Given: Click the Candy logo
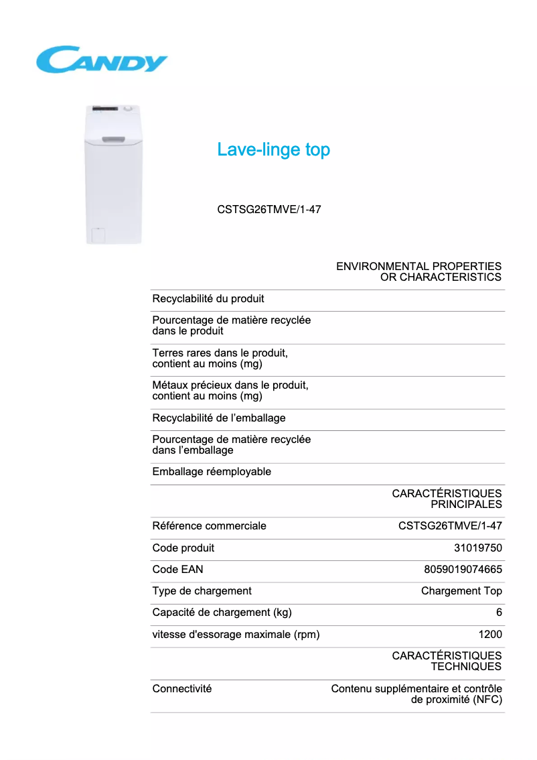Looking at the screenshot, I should [x=101, y=59].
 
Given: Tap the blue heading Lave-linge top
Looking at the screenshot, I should [x=273, y=149].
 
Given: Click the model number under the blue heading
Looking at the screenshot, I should [x=269, y=209].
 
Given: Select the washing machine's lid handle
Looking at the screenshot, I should [x=113, y=139].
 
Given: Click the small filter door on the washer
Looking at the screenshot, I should [x=97, y=235].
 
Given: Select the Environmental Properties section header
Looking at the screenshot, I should [x=418, y=271].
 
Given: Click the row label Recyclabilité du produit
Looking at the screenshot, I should [x=208, y=299].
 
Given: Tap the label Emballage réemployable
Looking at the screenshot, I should [x=212, y=472].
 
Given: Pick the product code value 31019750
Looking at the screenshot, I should [x=477, y=548].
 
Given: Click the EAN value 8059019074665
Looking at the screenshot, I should [x=463, y=570].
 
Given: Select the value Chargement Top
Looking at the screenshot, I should [x=461, y=591].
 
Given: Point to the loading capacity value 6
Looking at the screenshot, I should [x=499, y=613].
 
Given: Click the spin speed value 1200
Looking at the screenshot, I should [x=490, y=635].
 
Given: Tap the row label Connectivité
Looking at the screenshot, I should [x=182, y=689].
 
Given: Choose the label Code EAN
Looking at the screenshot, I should [x=177, y=570].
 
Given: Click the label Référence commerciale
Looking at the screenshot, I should [x=209, y=526].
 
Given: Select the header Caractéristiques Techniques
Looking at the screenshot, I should [x=447, y=661].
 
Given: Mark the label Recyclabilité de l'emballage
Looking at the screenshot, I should [x=219, y=418].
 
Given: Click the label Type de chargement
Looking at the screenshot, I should [x=202, y=591].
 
